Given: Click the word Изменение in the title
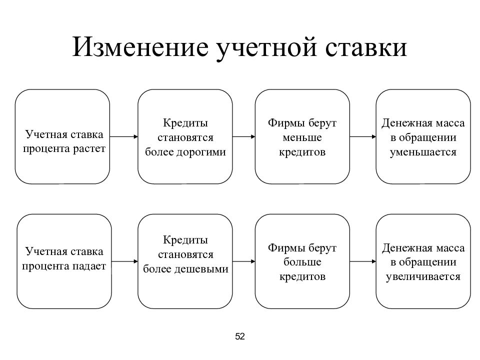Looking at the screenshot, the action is pyautogui.click(x=140, y=47).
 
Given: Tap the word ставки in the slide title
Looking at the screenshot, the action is pyautogui.click(x=366, y=47).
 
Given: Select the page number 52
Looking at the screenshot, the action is pyautogui.click(x=240, y=336).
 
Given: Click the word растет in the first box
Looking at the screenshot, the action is pyautogui.click(x=89, y=149).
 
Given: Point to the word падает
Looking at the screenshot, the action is pyautogui.click(x=89, y=266).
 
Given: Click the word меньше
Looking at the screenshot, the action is pyautogui.click(x=302, y=137).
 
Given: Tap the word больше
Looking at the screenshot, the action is pyautogui.click(x=302, y=262).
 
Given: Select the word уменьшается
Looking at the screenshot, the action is pyautogui.click(x=423, y=152).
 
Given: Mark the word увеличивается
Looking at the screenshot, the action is pyautogui.click(x=423, y=276).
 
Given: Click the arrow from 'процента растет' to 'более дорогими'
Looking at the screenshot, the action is pyautogui.click(x=123, y=136).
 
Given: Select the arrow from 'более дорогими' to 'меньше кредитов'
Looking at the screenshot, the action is pyautogui.click(x=243, y=136).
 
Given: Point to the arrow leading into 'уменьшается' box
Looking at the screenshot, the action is pyautogui.click(x=363, y=136).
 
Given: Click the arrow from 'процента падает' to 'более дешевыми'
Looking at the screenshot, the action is pyautogui.click(x=124, y=261).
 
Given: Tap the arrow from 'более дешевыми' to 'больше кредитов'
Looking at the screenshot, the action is pyautogui.click(x=243, y=261).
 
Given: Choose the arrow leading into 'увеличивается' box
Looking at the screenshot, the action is pyautogui.click(x=363, y=261).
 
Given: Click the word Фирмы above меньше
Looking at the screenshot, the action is pyautogui.click(x=286, y=123).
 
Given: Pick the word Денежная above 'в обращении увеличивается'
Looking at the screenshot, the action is pyautogui.click(x=404, y=248).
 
